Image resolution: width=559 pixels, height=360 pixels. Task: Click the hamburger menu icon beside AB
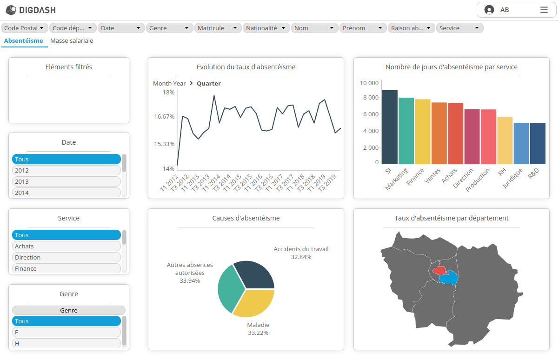pos(544,10)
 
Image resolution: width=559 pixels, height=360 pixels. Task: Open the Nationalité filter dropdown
pos(266,28)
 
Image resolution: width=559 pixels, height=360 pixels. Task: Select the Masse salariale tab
pos(72,41)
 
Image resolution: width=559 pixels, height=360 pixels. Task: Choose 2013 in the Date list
pos(66,181)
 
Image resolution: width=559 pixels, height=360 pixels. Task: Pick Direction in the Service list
pos(66,257)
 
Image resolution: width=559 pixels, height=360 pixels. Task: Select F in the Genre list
pos(66,332)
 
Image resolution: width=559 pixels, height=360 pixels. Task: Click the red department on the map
pos(439,270)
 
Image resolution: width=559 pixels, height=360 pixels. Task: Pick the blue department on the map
pos(449,279)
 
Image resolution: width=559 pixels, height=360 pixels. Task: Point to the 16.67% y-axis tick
pos(164,116)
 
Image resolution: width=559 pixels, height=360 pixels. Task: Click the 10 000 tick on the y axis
pos(369,83)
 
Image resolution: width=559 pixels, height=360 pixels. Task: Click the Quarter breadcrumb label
pos(208,84)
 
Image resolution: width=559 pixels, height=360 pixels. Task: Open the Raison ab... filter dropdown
pos(411,28)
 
